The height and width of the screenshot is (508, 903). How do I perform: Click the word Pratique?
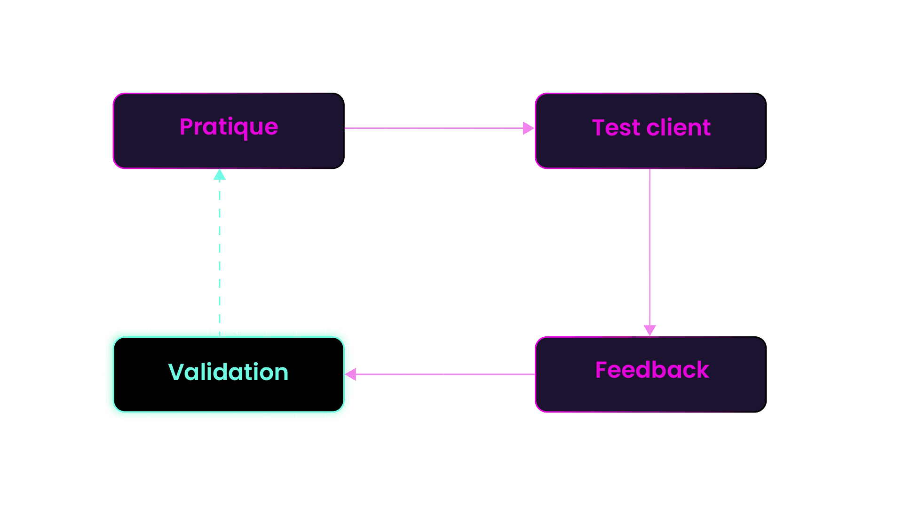229,127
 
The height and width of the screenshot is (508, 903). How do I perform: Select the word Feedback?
652,370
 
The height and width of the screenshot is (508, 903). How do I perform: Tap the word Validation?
229,372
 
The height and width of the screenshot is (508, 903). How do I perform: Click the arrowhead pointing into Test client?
528,128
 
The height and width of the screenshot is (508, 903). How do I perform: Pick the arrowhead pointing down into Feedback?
650,329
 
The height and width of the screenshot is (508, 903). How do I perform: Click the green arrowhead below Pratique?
220,175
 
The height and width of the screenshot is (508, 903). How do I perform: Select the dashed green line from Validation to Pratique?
220,254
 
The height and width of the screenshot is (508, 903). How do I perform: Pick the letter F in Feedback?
602,370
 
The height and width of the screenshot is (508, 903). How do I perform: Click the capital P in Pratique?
187,127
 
